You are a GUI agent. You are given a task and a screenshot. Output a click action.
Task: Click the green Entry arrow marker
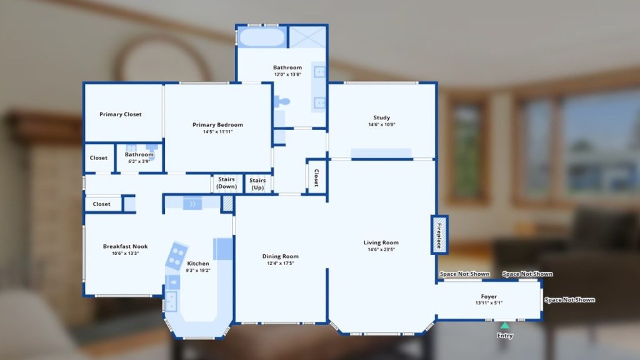click(505, 325)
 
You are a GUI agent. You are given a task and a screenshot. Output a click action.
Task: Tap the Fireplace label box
click(439, 235)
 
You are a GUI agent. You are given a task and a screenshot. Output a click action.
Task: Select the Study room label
click(382, 117)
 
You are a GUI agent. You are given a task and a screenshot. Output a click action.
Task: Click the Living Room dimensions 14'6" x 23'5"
click(381, 249)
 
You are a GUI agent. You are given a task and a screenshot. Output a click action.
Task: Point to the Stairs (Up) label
click(257, 184)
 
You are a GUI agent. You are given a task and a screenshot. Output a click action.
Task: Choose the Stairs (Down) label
click(226, 183)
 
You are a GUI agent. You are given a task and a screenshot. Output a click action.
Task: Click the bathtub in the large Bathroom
click(262, 37)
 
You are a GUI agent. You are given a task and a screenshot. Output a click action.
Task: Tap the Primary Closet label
click(121, 114)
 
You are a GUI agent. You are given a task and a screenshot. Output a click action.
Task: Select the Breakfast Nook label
click(125, 246)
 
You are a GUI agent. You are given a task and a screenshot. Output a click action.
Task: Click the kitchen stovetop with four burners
click(177, 256)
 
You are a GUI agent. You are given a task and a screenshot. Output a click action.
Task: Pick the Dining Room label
click(281, 256)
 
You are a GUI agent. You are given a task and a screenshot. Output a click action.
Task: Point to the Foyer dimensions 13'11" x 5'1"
click(489, 303)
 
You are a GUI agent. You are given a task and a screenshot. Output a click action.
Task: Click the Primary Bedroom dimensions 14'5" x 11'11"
click(218, 132)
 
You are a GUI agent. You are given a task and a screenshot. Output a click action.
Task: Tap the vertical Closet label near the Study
click(316, 178)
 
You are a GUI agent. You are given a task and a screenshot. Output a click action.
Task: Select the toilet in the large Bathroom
click(282, 101)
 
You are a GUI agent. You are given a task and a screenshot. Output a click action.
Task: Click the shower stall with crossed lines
click(307, 37)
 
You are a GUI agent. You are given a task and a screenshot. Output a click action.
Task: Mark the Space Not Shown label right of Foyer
click(570, 299)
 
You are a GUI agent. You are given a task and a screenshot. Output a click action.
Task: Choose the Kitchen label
click(198, 264)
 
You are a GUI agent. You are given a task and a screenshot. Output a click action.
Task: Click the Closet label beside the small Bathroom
click(99, 157)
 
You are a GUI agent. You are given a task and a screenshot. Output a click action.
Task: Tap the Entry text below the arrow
click(505, 336)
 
